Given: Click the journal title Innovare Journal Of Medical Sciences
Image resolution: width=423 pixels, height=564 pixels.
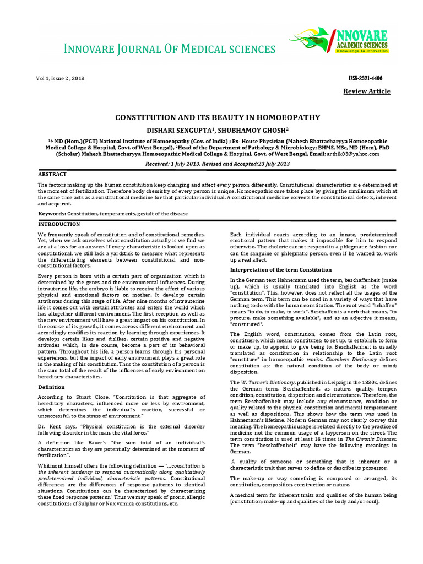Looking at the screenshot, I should tap(170, 50).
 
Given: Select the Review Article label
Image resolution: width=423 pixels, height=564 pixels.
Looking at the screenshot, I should tap(367, 91).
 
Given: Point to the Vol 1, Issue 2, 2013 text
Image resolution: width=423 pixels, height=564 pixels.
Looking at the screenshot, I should tap(61, 79).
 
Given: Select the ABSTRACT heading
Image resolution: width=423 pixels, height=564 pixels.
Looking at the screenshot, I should tap(52, 174).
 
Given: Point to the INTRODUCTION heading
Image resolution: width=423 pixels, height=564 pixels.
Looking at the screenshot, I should tap(59, 224).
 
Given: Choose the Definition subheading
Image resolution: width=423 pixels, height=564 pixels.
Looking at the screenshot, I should tap(51, 387).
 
